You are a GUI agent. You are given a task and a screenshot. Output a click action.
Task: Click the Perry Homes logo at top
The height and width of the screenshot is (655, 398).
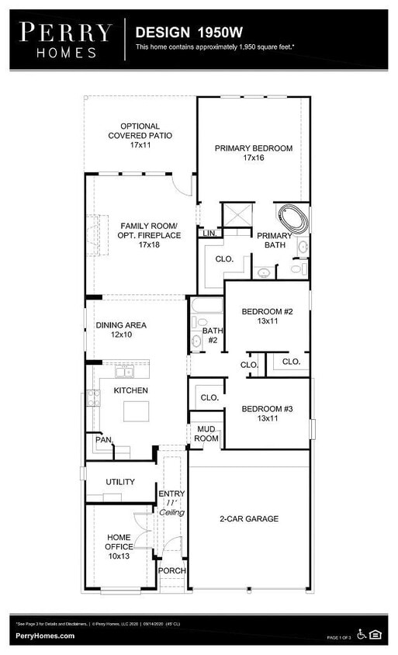[x=65, y=40]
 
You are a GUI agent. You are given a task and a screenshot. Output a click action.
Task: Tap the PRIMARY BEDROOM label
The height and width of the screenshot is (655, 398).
[x=254, y=153]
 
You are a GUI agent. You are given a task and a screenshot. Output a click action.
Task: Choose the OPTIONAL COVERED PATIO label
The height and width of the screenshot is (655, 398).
[x=140, y=135]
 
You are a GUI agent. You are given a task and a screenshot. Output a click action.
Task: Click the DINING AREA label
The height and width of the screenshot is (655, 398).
[x=120, y=331]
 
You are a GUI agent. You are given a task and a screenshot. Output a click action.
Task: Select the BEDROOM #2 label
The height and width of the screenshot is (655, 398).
[x=267, y=317]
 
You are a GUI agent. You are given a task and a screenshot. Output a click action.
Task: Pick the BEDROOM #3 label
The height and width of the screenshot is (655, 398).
[x=267, y=414]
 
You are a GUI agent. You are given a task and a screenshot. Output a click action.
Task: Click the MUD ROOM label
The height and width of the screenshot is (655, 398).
[x=206, y=433]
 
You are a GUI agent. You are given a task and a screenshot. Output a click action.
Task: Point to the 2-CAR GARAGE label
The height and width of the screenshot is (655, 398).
[x=248, y=518]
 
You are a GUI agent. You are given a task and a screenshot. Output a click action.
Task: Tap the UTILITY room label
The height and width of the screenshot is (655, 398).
[x=120, y=482]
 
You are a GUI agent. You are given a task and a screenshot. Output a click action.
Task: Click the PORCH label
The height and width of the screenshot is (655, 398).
[x=171, y=570]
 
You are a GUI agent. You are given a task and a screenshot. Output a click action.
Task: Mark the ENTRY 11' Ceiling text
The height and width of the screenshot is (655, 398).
[x=171, y=503]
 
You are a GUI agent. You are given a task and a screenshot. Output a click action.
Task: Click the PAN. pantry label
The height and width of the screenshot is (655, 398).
[x=103, y=439]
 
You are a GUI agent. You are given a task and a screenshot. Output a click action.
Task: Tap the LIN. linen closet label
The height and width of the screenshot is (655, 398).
[x=209, y=233]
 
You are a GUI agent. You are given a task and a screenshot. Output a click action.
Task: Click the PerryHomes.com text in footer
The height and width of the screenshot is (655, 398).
[x=45, y=636]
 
